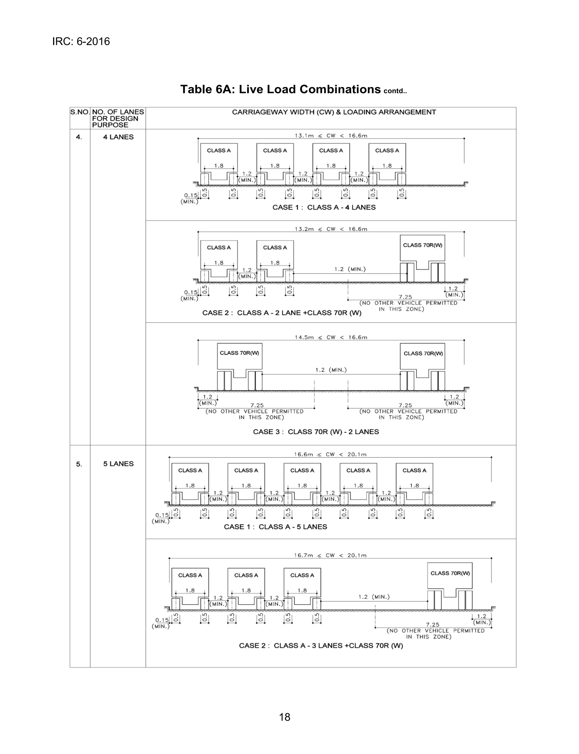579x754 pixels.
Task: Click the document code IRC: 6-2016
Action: [81, 42]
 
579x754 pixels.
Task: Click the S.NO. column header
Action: [80, 112]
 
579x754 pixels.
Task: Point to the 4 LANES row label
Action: [118, 137]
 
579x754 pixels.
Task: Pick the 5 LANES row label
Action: [118, 464]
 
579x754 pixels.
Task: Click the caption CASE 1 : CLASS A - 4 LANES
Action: [324, 208]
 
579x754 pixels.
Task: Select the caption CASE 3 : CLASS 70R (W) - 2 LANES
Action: [316, 432]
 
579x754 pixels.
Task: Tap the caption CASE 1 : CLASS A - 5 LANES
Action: [275, 527]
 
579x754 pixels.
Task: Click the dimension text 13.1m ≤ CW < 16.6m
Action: [331, 136]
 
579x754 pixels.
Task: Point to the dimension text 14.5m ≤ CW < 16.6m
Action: [331, 337]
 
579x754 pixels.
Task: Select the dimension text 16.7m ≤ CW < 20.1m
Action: [330, 555]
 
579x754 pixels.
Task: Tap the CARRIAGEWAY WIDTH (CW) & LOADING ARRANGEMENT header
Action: [334, 112]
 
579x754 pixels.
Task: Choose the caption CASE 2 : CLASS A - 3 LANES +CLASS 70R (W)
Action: [321, 646]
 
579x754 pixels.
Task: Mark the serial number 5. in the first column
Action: [79, 464]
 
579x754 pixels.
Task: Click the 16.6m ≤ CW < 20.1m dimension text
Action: [330, 455]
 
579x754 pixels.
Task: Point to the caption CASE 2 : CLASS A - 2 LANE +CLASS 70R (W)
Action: [282, 313]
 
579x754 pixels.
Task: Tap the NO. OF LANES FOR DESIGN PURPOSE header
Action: [118, 118]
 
